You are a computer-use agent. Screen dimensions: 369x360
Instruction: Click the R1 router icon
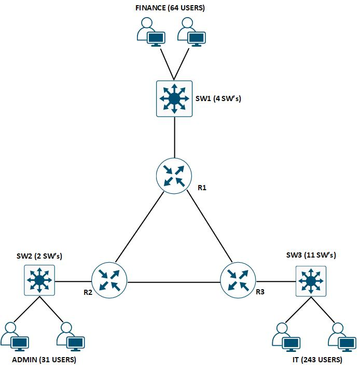pos(174,176)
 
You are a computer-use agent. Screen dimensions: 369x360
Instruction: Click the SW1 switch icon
pos(174,98)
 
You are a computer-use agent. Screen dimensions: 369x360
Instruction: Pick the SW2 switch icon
pos(39,280)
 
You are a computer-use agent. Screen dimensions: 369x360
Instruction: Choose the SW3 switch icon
pos(311,281)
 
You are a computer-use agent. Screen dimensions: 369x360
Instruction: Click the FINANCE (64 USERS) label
pos(170,8)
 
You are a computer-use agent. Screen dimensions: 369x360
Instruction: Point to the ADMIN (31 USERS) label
pos(44,360)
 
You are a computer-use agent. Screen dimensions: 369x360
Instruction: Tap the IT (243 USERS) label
pos(314,360)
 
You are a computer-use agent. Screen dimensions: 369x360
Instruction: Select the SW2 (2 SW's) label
pos(39,256)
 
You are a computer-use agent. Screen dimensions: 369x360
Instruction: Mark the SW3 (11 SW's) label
pos(311,255)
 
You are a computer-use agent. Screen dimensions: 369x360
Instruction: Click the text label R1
pos(202,188)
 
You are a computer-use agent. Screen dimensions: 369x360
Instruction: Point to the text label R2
pos(88,292)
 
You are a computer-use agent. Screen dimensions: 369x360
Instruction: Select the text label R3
pos(260,292)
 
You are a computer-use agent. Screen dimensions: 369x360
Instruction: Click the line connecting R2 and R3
pos(174,282)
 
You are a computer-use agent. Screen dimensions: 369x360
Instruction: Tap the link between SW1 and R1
pos(174,137)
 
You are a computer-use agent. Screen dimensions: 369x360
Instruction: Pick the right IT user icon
pos(341,336)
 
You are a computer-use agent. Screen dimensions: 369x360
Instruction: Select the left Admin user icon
pos(15,336)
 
